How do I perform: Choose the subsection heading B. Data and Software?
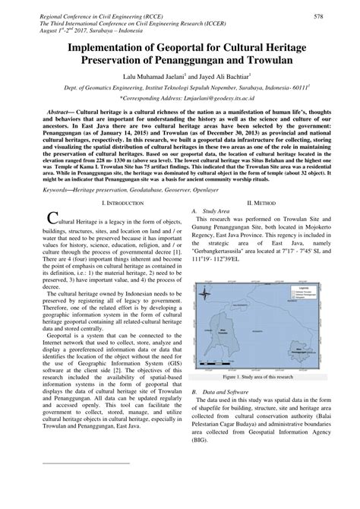[227, 391]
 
